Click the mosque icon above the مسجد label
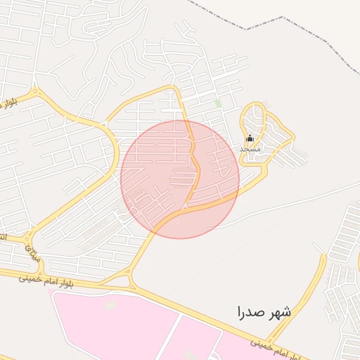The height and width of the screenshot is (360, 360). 250,139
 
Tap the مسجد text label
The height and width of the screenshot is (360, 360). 250,149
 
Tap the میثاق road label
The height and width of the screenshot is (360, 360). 32,252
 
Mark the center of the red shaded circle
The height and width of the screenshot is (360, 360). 180,179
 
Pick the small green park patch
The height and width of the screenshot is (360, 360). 218,104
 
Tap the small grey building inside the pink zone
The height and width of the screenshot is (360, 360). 110,305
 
